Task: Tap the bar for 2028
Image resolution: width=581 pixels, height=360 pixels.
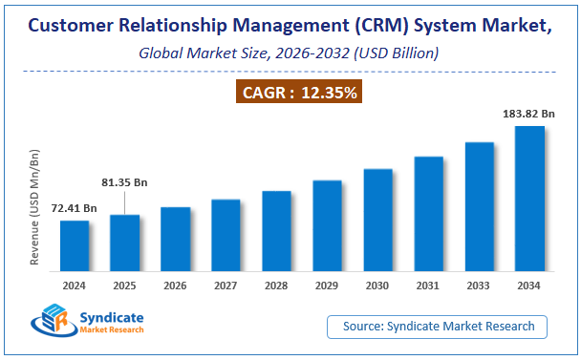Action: point(276,232)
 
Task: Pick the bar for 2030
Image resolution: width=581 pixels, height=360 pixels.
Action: point(377,222)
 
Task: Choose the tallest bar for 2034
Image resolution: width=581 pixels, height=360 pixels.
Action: point(529,200)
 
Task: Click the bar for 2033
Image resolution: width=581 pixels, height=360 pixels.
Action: point(479,208)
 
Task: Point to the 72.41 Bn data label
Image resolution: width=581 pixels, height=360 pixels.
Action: point(75,207)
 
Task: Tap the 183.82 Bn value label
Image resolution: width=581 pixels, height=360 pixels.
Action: point(527,114)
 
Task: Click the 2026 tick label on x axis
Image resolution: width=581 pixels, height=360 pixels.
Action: point(176,285)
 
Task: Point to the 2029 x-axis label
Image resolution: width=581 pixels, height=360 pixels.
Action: point(327,285)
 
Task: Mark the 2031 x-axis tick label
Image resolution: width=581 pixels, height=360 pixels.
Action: point(428,285)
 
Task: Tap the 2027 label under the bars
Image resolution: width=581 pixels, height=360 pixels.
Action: point(226,285)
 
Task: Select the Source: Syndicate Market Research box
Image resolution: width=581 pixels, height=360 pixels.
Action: point(438,327)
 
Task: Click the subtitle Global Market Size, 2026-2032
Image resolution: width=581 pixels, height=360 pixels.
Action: point(289,53)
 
